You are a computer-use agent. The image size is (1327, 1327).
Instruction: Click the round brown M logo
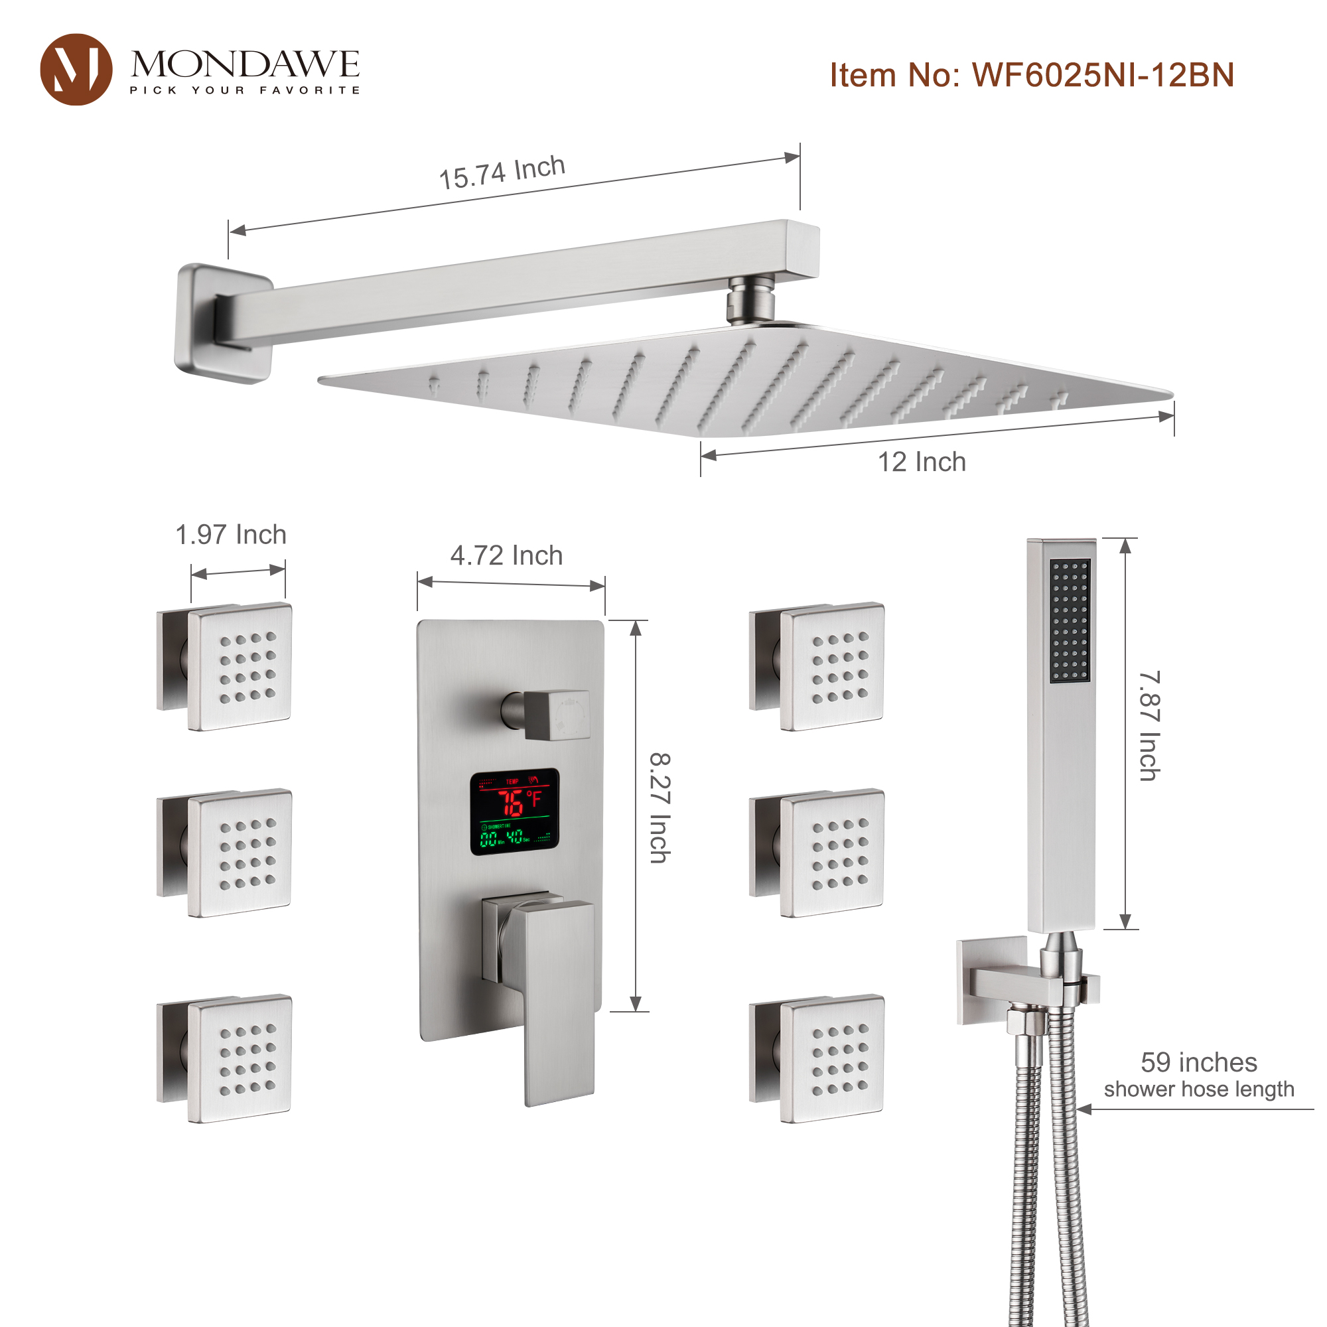[x=76, y=70]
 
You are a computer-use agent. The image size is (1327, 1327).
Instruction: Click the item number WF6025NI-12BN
[x=1032, y=75]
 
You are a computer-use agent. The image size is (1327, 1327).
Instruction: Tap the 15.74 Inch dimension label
[x=502, y=172]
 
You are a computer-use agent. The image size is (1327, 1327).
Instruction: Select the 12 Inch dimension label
[x=922, y=462]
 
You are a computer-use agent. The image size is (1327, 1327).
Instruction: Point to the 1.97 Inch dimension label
[x=231, y=534]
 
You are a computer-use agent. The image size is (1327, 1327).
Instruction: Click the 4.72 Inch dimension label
[x=506, y=555]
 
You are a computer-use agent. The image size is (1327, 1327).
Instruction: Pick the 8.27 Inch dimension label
[x=660, y=807]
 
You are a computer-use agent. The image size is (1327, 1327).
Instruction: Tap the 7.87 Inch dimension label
[x=1149, y=726]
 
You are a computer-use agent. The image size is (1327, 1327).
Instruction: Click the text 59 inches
[x=1198, y=1062]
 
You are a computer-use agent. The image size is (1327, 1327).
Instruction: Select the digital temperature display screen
[x=514, y=812]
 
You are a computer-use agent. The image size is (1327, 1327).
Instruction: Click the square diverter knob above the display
[x=555, y=715]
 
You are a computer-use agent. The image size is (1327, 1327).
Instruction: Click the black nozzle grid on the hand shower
[x=1070, y=621]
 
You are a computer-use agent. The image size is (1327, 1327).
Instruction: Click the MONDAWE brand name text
[x=245, y=64]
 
